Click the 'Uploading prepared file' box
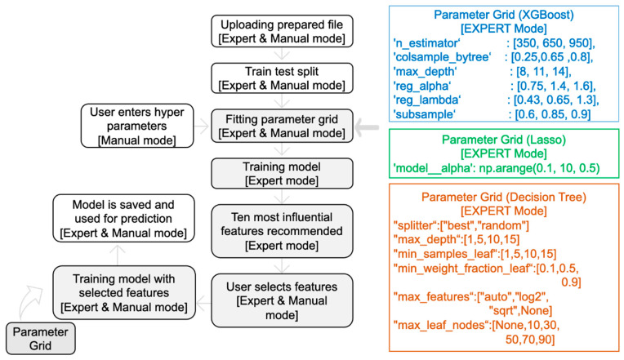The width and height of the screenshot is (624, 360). click(x=282, y=31)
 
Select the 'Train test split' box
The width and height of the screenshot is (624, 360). click(x=282, y=78)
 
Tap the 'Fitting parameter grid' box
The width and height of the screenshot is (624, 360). click(x=282, y=126)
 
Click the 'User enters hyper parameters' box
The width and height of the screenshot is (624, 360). click(x=137, y=126)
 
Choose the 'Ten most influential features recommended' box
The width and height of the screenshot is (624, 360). click(x=282, y=231)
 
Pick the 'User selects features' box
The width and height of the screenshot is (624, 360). click(x=282, y=300)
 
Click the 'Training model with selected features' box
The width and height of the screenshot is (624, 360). click(x=124, y=293)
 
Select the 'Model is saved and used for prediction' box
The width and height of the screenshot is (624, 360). click(x=123, y=218)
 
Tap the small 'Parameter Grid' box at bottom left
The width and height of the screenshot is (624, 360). click(x=40, y=339)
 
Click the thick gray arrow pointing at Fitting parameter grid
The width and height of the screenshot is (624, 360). click(x=367, y=127)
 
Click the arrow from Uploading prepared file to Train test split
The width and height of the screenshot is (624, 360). click(x=282, y=55)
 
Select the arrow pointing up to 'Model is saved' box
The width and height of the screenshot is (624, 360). click(x=118, y=255)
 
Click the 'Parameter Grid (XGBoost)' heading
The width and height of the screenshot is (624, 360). click(x=504, y=15)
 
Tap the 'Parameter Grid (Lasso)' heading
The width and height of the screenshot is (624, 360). click(x=504, y=140)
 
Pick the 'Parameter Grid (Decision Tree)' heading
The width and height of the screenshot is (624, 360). click(x=504, y=197)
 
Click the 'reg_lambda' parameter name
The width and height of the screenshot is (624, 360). click(x=426, y=100)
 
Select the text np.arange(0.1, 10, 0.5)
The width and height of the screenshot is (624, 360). click(x=539, y=168)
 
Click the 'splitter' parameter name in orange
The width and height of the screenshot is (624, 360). click(x=414, y=225)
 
